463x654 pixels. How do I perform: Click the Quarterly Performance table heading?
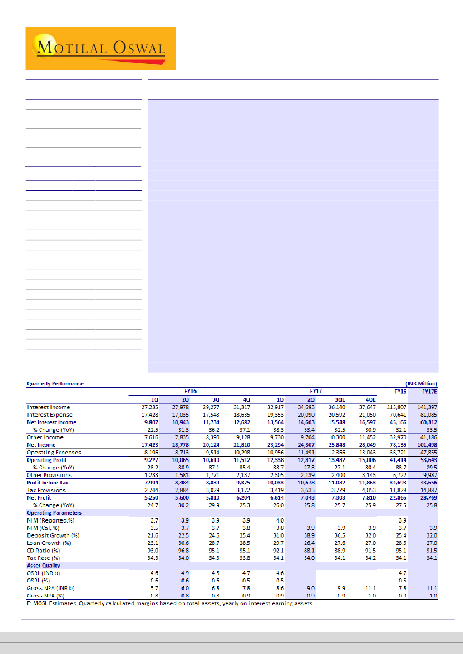pos(55,383)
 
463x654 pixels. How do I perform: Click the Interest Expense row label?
pos(49,415)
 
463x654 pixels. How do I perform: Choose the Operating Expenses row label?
pos(54,452)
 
